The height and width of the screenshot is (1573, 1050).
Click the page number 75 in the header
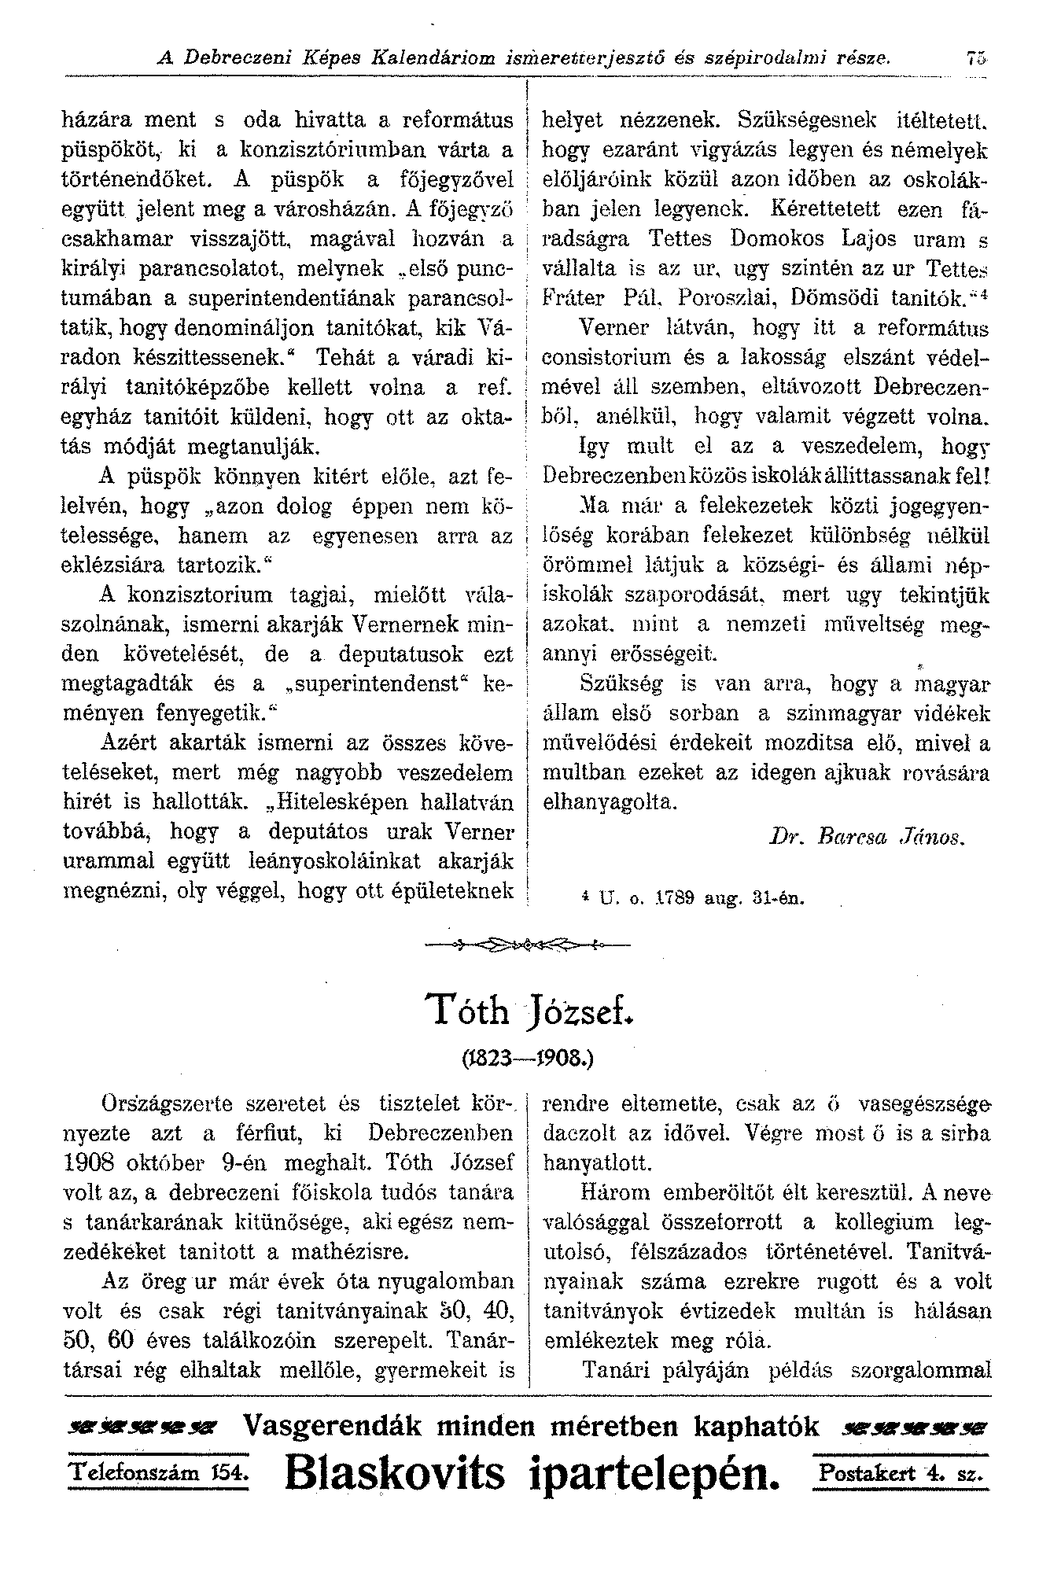click(978, 57)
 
